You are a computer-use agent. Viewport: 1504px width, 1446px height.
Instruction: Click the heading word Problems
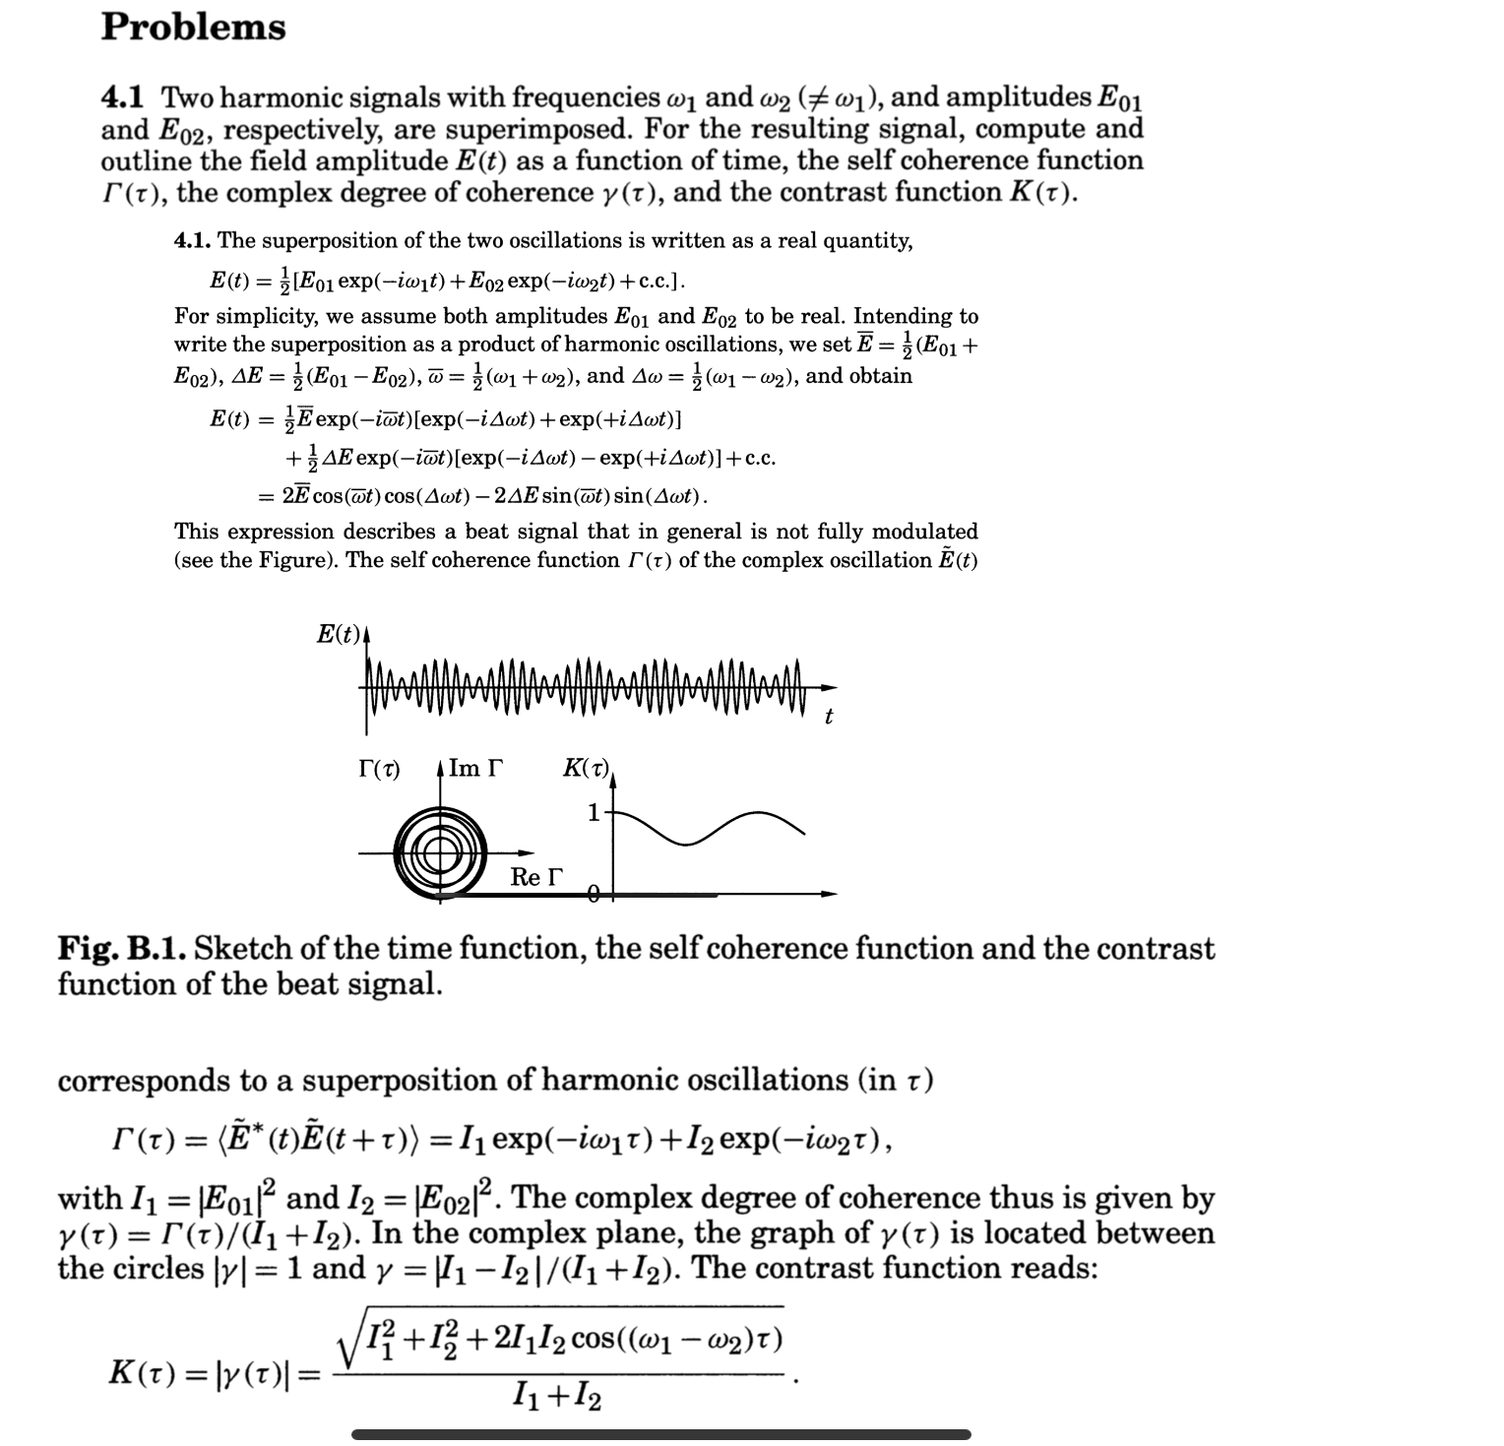click(x=193, y=27)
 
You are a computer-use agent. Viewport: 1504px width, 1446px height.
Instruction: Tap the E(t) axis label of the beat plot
click(x=339, y=635)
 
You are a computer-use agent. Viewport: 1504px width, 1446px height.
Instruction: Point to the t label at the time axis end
click(x=828, y=718)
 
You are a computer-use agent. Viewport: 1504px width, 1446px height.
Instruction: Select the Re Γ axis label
click(x=538, y=877)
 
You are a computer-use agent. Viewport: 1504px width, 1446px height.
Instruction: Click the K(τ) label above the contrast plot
click(x=587, y=769)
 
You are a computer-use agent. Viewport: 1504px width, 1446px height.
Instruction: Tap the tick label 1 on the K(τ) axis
click(x=593, y=813)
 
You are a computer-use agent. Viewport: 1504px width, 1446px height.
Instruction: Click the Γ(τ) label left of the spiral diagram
click(x=379, y=769)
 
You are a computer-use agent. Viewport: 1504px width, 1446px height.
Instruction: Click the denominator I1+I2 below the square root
click(x=557, y=1396)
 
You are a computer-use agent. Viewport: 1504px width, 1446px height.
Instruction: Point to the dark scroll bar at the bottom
click(x=660, y=1434)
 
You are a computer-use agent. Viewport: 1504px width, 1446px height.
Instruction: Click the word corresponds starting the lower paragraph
click(x=144, y=1081)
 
